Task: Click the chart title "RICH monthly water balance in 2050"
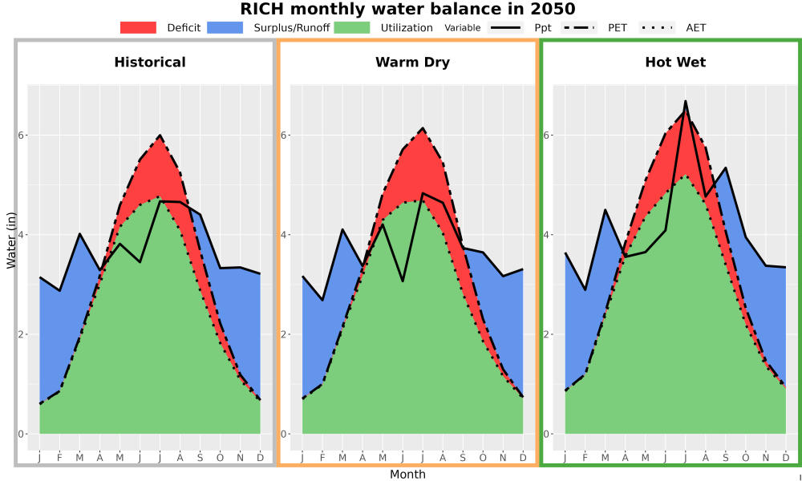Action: point(407,9)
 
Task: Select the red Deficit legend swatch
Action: point(138,27)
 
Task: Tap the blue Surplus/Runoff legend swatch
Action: point(225,27)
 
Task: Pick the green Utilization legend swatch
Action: point(352,27)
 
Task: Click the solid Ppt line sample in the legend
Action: point(505,27)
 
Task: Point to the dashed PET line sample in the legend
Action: point(579,27)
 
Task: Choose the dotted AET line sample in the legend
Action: point(657,27)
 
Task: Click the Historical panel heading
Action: point(150,63)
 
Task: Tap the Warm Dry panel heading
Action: point(413,63)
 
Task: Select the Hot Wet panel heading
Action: point(675,63)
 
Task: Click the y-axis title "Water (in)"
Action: point(10,235)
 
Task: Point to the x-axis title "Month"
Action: point(407,475)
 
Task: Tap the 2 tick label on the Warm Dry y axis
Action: point(285,334)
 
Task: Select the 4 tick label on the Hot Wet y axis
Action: point(547,235)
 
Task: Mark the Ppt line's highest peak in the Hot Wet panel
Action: point(686,101)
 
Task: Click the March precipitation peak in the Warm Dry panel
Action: point(342,229)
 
